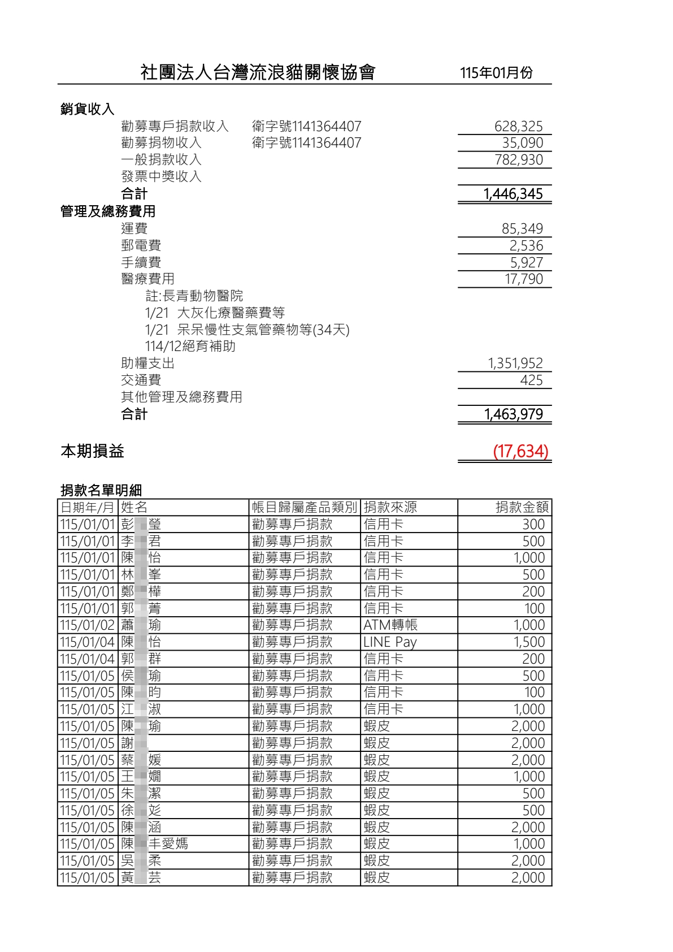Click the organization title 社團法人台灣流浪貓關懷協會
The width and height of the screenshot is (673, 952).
(258, 72)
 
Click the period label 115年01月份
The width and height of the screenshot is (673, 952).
(496, 73)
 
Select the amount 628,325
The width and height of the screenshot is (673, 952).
(518, 126)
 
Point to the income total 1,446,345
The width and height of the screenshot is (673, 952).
(513, 194)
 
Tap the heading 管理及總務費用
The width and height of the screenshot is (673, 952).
(108, 211)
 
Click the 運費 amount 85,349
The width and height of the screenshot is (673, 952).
(522, 228)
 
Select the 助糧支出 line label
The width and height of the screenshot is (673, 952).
(147, 363)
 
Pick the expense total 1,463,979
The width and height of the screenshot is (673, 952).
(513, 414)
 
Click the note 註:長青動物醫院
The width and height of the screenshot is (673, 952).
(194, 296)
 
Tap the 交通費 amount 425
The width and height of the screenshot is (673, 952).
(531, 380)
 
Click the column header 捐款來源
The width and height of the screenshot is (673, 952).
(390, 507)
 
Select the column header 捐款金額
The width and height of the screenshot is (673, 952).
(522, 507)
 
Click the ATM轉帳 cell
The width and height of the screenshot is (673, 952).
(390, 625)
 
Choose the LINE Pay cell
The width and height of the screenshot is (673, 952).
(390, 642)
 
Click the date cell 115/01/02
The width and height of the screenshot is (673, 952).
(88, 625)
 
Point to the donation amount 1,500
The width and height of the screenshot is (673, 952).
(529, 642)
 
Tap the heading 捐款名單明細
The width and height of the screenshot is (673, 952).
(101, 490)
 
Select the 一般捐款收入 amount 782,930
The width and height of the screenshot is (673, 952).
(518, 160)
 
